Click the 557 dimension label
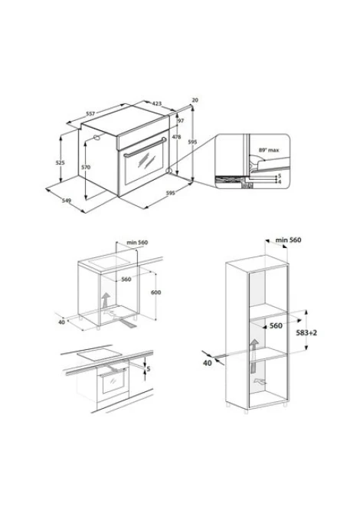pyautogui.click(x=90, y=113)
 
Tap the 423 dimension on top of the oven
pyautogui.click(x=157, y=103)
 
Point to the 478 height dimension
pyautogui.click(x=176, y=137)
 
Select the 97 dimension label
pyautogui.click(x=181, y=121)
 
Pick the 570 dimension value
pyautogui.click(x=86, y=167)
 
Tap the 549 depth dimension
pyautogui.click(x=67, y=201)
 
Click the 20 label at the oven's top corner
pyautogui.click(x=195, y=100)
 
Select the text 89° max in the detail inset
pyautogui.click(x=269, y=150)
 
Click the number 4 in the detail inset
pyautogui.click(x=280, y=181)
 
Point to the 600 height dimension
pyautogui.click(x=155, y=292)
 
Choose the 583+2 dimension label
pyautogui.click(x=306, y=333)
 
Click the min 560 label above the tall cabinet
pyautogui.click(x=288, y=240)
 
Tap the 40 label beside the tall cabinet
pyautogui.click(x=208, y=363)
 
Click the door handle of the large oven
pyautogui.click(x=145, y=147)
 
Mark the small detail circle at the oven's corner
pyautogui.click(x=169, y=171)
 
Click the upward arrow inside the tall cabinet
pyautogui.click(x=254, y=356)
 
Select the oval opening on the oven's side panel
pyautogui.click(x=97, y=137)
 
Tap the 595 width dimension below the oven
pyautogui.click(x=171, y=193)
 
